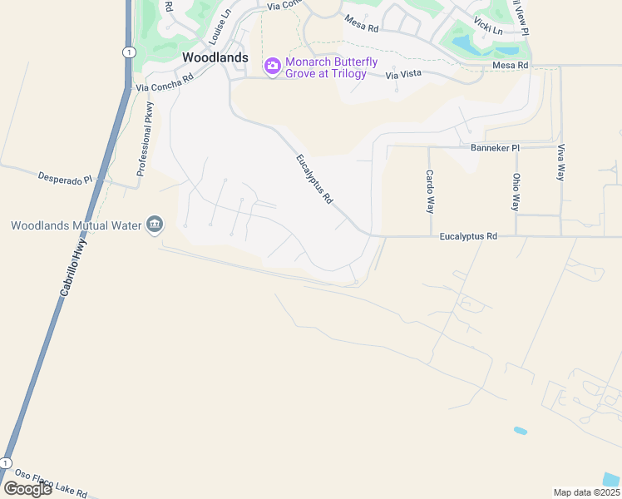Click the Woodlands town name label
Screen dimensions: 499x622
point(215,57)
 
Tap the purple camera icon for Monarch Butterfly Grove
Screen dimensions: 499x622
point(272,66)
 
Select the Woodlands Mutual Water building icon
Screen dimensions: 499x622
point(155,225)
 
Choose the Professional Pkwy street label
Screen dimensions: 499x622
point(145,139)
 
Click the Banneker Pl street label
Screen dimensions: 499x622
point(495,148)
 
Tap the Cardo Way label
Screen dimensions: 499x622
point(430,191)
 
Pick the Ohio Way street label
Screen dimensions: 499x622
point(516,191)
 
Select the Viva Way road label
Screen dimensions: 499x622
point(561,163)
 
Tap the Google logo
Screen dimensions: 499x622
point(27,488)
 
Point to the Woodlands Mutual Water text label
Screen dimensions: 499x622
point(77,225)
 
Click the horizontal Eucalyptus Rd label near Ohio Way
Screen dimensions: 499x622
point(468,236)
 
